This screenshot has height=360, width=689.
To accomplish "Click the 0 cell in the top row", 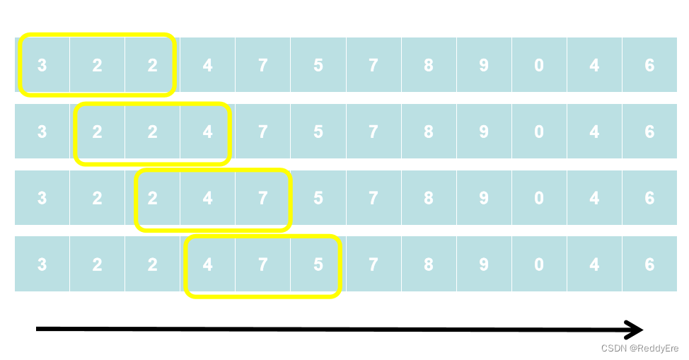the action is pyautogui.click(x=539, y=65).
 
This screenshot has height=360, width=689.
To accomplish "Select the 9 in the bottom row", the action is pyautogui.click(x=484, y=265).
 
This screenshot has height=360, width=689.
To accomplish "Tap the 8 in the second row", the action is pyautogui.click(x=429, y=132).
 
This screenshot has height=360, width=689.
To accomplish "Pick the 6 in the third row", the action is pyautogui.click(x=649, y=198).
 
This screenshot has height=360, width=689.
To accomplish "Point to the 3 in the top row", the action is pyautogui.click(x=42, y=65).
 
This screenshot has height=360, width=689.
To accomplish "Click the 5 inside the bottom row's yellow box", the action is pyautogui.click(x=318, y=265).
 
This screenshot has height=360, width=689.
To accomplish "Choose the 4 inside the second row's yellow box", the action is pyautogui.click(x=207, y=132).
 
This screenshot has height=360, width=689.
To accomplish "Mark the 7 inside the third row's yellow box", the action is pyautogui.click(x=262, y=198).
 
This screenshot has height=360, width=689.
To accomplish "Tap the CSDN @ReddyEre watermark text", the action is pyautogui.click(x=639, y=349).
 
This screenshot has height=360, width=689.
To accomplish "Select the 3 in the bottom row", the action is pyautogui.click(x=42, y=265).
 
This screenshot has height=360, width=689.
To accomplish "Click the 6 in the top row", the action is pyautogui.click(x=649, y=65).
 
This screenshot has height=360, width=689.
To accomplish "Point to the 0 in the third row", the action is pyautogui.click(x=539, y=198).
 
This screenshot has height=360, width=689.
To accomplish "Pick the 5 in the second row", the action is pyautogui.click(x=318, y=132).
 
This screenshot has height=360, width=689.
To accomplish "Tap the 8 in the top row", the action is pyautogui.click(x=429, y=65).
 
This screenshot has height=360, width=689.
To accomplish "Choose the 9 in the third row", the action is pyautogui.click(x=484, y=198).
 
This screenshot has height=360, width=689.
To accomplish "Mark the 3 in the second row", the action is pyautogui.click(x=42, y=132).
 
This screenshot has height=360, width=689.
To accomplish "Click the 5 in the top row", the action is pyautogui.click(x=318, y=65).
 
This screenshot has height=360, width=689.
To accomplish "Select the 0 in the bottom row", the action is pyautogui.click(x=539, y=265).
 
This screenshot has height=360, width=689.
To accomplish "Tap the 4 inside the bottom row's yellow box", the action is pyautogui.click(x=207, y=265).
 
